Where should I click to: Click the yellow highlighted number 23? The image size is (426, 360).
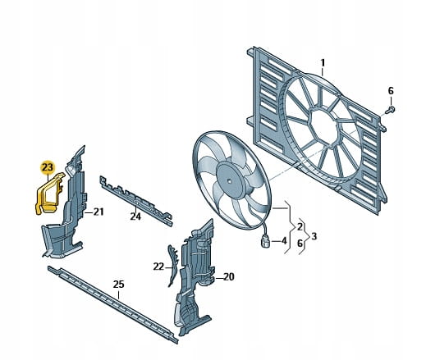pos(48,167)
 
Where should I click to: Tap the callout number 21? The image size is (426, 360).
pos(98,212)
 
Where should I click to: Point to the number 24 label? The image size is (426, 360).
pos(135,216)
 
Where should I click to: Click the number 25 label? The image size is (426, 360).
pos(118,285)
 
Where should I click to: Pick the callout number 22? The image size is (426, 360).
pos(158,267)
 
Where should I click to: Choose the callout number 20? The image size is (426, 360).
pos(229,277)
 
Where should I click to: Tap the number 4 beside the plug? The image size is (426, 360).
pos(284,241)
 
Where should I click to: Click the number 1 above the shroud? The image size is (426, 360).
pos(323,63)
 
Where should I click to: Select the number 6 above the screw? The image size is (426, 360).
pos(391,90)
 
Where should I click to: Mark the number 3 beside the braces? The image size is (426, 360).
pos(314,236)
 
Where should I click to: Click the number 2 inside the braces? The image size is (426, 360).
pos(300,226)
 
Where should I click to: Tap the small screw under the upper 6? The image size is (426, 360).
pos(391,110)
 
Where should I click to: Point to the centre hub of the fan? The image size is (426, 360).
pos(229,181)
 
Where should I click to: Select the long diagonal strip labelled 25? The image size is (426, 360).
pos(112,303)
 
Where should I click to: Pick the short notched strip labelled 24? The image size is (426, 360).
pos(136,200)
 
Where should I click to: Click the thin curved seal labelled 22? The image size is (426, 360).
pos(172,265)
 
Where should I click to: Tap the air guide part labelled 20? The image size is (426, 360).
pos(195,276)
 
